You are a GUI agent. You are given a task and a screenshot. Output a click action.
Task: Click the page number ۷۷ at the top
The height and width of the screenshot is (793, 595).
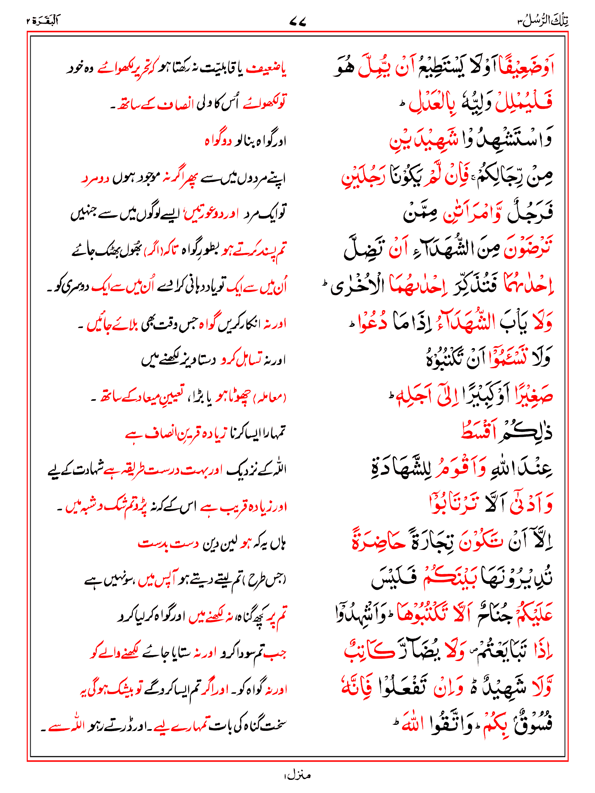[x=297, y=22]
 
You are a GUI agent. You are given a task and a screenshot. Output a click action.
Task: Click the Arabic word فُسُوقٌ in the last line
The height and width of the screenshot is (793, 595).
[x=533, y=724]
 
